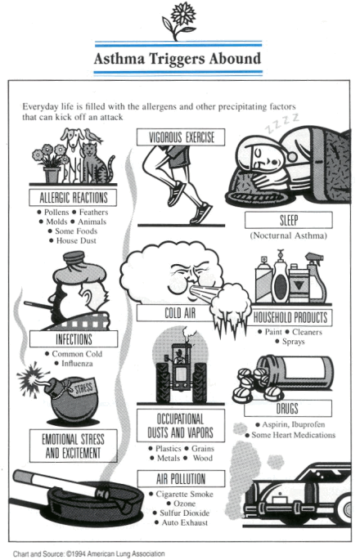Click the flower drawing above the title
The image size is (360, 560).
[x=178, y=20]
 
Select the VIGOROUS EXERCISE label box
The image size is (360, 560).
[x=181, y=137]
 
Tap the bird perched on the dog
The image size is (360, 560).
[x=93, y=136]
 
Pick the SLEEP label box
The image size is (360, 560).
[x=289, y=220]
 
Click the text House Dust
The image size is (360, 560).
[x=76, y=240]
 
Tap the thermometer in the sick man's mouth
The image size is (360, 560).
[x=38, y=306]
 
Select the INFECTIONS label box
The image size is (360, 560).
[x=74, y=339]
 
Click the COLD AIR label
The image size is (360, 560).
[x=180, y=313]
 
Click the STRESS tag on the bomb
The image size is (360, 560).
[x=83, y=388]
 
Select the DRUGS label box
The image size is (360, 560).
[x=288, y=408]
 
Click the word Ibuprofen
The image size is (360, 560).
[x=308, y=424]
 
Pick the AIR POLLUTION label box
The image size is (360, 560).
[x=181, y=478]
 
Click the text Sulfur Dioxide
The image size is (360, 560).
[x=184, y=513]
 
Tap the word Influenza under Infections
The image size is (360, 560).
[x=77, y=364]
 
